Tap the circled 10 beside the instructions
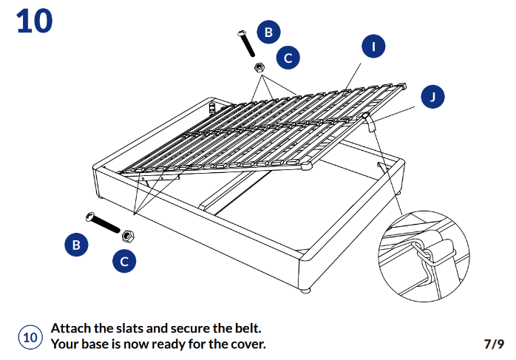pos(30,337)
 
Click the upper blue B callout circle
pos(268,32)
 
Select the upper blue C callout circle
pos(288,57)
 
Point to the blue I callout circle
pos(374,47)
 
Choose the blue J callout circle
pos(432,97)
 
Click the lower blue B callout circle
pos(75,244)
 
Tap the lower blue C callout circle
pos(124,260)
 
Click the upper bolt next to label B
pos(246,44)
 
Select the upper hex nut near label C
pos(259,67)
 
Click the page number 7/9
pos(493,344)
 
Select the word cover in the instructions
pos(244,344)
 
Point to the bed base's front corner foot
pos(304,289)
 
